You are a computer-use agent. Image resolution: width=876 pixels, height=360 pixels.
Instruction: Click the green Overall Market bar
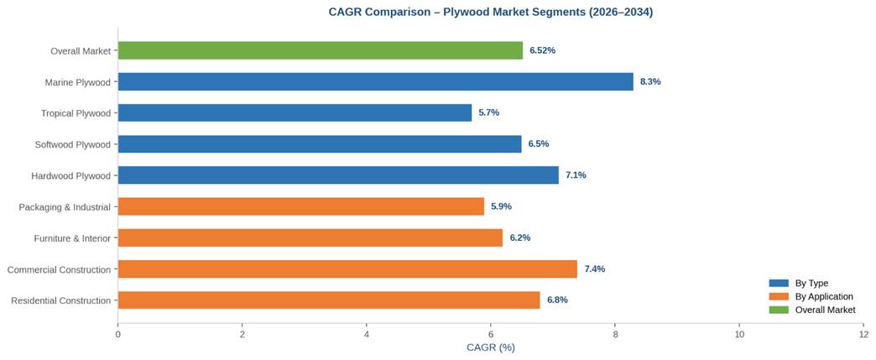(x=320, y=50)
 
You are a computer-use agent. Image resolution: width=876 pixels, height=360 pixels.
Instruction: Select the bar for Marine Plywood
(x=375, y=81)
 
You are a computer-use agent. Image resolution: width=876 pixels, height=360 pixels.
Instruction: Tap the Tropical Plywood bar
(x=295, y=112)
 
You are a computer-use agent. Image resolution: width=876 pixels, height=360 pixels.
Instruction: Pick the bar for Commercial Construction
(x=347, y=269)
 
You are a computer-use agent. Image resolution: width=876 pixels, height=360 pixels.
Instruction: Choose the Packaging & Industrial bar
(x=300, y=206)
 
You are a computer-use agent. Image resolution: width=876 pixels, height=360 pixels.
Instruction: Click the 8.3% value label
(x=650, y=81)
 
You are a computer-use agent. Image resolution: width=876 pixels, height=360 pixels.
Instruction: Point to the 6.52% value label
(x=542, y=50)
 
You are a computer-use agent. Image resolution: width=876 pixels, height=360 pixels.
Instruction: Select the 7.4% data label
(x=594, y=269)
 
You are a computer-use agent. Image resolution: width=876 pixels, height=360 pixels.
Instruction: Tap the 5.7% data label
(x=488, y=112)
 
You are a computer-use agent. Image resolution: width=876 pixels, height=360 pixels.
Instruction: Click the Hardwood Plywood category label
(x=70, y=175)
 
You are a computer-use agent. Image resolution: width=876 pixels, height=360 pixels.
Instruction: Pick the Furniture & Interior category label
(x=72, y=238)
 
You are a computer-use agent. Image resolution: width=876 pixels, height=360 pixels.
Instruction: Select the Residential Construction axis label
(x=60, y=300)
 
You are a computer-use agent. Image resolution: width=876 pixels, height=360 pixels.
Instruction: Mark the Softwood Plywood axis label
(x=72, y=144)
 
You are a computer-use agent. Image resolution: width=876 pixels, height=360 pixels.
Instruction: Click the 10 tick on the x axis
(x=739, y=334)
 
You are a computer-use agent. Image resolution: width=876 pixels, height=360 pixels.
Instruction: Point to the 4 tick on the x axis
(x=367, y=334)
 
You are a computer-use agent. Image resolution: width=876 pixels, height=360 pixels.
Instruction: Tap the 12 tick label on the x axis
(x=863, y=334)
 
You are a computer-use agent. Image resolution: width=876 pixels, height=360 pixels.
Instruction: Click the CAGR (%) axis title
(x=490, y=347)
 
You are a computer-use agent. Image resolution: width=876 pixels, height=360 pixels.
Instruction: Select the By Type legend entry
(x=811, y=283)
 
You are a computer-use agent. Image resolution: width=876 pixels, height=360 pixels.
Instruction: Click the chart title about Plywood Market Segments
(x=490, y=12)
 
